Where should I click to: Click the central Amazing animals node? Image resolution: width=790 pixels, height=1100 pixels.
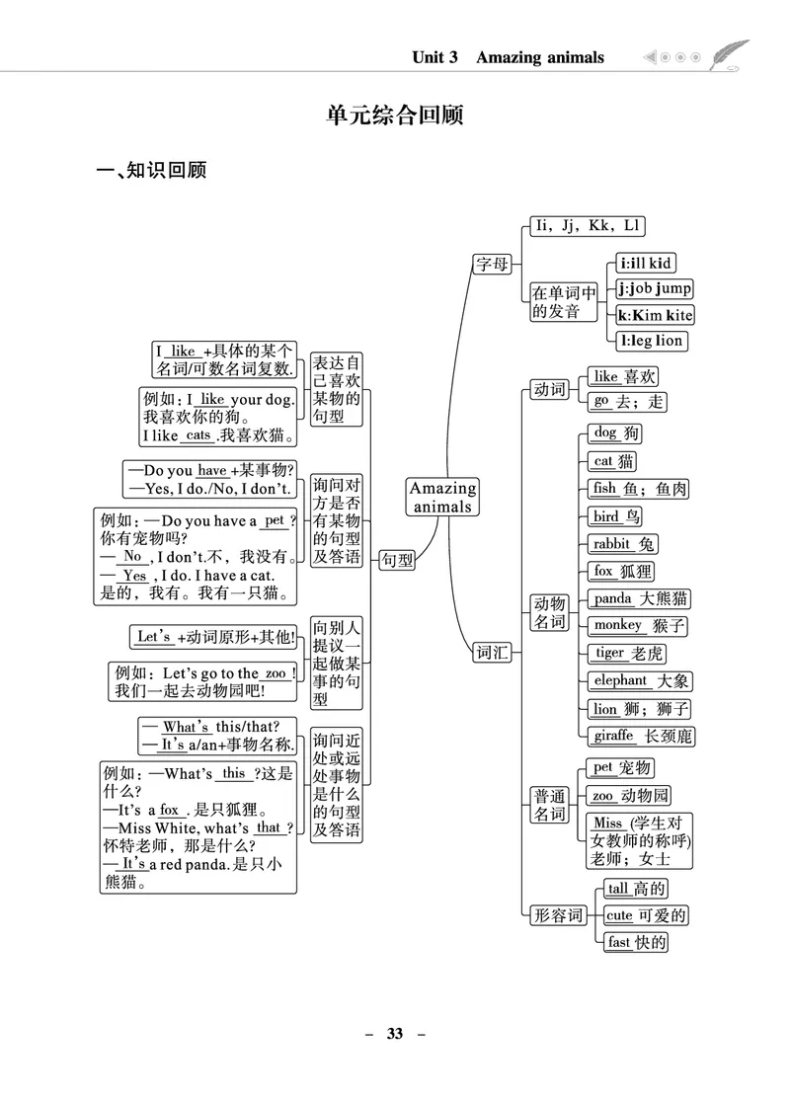pos(442,497)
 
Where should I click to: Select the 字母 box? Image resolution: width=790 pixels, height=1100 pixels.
pos(492,264)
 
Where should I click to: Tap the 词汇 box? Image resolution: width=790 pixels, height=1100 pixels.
pos(492,653)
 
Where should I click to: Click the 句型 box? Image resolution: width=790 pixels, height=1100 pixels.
pos(397,560)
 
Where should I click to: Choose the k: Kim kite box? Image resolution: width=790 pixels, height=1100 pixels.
pos(655,315)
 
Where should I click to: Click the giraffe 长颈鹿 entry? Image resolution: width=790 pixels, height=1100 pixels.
pos(641,736)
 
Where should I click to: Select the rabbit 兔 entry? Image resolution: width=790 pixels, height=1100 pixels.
pos(622,544)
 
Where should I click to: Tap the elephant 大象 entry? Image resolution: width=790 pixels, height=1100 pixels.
pos(641,680)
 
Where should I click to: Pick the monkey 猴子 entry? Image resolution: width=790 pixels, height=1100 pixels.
pos(638,625)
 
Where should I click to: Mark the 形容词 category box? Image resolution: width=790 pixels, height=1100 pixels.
pos(558,915)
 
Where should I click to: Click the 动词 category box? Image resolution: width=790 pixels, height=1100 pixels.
pos(549,390)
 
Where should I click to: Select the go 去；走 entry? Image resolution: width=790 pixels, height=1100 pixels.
pos(628,402)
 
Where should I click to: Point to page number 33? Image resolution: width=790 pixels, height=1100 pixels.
pos(395,1034)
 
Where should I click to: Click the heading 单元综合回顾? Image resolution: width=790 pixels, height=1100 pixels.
pos(395,116)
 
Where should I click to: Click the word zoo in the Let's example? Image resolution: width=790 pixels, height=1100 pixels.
pos(276,672)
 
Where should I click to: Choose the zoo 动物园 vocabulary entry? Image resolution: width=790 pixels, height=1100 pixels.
pos(630,796)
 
